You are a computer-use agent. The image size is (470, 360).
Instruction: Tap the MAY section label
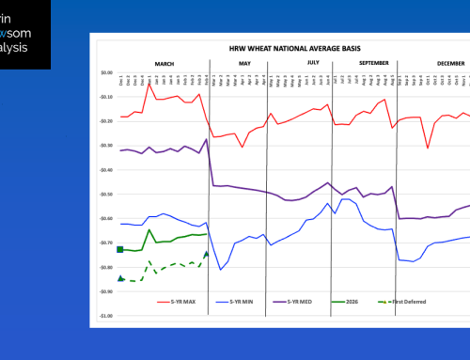[244, 63]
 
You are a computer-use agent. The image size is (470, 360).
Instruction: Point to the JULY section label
[313, 63]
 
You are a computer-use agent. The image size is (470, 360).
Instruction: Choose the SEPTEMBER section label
[360, 63]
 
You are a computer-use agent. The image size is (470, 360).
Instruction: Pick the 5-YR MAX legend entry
[192, 301]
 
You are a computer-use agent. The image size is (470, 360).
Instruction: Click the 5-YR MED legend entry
[302, 301]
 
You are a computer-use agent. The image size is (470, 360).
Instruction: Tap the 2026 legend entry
[355, 301]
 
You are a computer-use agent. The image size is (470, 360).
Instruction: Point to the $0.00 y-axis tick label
[106, 72]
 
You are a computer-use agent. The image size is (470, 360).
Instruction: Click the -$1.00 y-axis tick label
[106, 316]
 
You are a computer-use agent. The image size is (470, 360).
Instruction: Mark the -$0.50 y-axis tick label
[106, 195]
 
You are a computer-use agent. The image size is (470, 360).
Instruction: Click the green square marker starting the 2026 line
[120, 249]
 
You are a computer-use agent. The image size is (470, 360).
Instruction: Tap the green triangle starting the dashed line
[120, 278]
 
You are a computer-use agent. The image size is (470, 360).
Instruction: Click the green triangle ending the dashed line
[206, 254]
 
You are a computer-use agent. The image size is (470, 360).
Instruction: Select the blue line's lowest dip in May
[221, 270]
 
